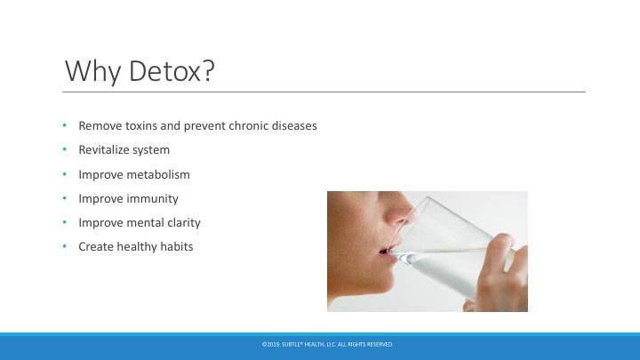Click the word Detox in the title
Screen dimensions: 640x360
(172, 70)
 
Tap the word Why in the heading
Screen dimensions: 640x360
(93, 72)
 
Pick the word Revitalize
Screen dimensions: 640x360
(104, 150)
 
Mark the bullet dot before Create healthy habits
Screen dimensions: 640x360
(65, 246)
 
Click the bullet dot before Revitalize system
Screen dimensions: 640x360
(65, 149)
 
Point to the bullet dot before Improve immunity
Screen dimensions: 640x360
(65, 198)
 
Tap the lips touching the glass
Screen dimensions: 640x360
(385, 252)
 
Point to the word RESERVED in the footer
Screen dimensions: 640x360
(380, 345)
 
